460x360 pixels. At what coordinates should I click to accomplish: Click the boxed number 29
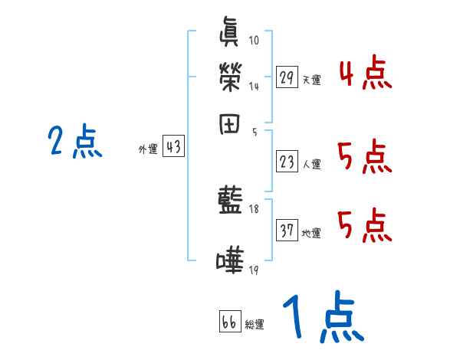[287, 77]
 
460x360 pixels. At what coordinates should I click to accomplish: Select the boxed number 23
[287, 162]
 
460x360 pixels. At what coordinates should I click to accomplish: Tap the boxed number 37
[287, 231]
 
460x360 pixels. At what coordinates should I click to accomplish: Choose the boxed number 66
[229, 322]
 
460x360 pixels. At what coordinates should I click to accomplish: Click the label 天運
[311, 79]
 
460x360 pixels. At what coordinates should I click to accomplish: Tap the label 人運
[311, 164]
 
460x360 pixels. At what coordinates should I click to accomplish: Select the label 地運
[311, 233]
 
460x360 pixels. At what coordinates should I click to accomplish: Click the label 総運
[255, 324]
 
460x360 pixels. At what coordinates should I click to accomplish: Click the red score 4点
[365, 74]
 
